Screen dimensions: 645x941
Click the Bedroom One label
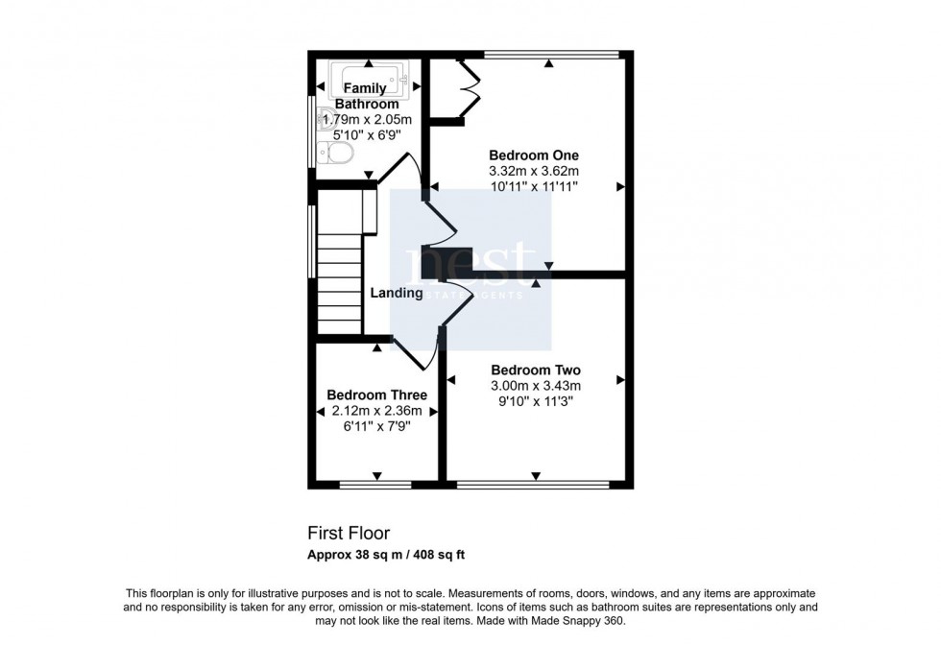point(534,155)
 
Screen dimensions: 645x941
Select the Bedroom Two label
point(536,370)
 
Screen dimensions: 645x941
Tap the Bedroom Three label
point(376,395)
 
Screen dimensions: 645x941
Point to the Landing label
point(397,294)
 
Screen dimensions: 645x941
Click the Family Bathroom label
point(366,96)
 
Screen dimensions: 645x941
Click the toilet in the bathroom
point(339,154)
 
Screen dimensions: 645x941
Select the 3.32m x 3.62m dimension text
point(534,172)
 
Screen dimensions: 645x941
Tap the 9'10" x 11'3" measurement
point(536,402)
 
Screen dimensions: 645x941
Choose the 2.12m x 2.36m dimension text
point(376,411)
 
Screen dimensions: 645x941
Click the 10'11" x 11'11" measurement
point(534,187)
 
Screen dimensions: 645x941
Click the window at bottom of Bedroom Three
point(376,484)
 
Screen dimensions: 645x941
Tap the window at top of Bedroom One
point(549,54)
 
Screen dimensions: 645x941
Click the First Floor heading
point(349,533)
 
